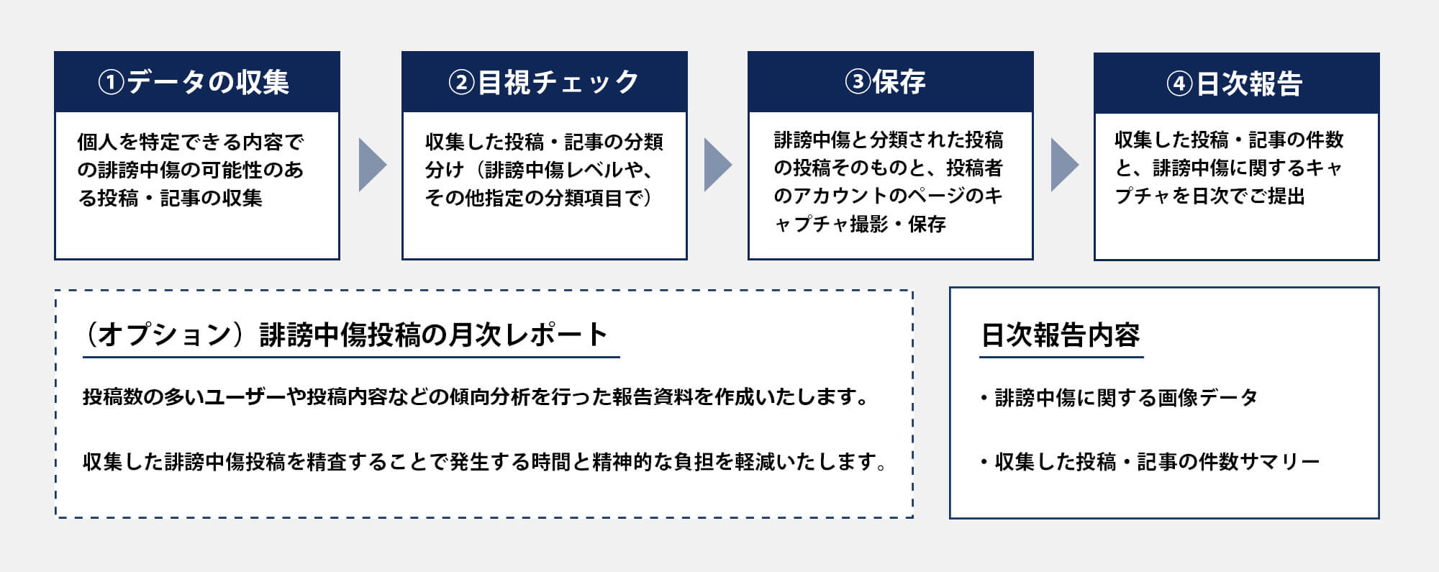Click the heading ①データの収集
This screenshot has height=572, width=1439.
(194, 82)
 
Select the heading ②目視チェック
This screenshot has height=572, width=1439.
(544, 82)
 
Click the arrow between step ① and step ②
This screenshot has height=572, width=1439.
(371, 165)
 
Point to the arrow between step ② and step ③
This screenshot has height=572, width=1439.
(717, 165)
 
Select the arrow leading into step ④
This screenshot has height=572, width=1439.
(1063, 165)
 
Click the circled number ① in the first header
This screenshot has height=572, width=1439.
(111, 82)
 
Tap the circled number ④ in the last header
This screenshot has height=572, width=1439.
(1179, 84)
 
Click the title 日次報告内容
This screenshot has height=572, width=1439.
(1061, 335)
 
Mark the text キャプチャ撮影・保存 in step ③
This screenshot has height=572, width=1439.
(861, 224)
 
